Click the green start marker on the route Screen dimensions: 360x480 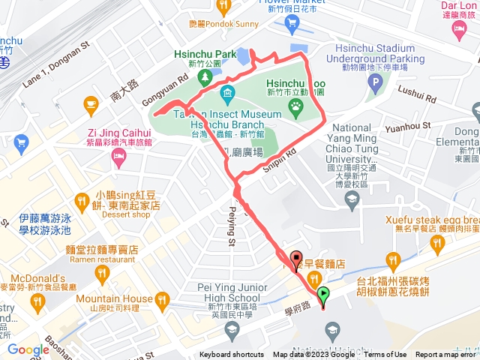click(x=323, y=295)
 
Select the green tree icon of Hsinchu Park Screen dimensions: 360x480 click(x=205, y=76)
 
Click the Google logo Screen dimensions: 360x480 click(x=28, y=349)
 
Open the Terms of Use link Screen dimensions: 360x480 click(x=385, y=355)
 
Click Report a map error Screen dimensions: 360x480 click(x=446, y=355)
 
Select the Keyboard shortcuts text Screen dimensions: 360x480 click(x=232, y=355)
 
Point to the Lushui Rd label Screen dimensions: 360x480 click(x=419, y=97)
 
